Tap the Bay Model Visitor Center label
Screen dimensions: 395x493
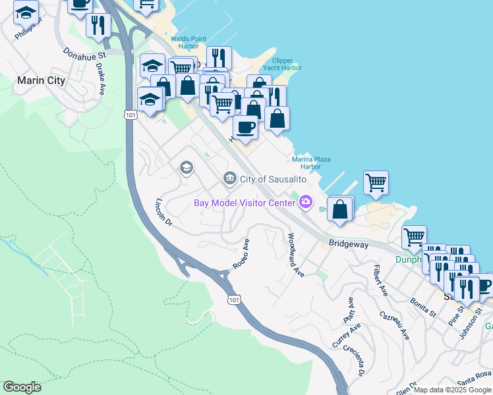pos(243,202)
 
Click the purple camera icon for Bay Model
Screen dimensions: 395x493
pos(305,201)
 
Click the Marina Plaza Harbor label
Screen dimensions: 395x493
pos(311,163)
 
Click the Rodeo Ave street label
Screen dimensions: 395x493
pos(241,253)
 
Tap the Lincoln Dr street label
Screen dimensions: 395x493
pos(163,212)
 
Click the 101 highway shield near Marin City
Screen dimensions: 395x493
pos(130,115)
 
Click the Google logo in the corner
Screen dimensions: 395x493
pos(22,387)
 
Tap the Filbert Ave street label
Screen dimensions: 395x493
pos(380,280)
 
